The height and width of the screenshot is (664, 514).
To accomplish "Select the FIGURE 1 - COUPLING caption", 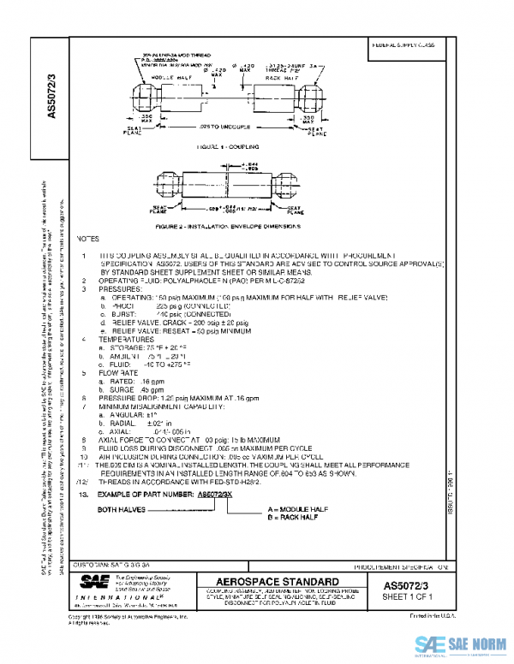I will coord(227,147).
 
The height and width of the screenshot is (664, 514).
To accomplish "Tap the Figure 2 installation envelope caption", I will coord(229,228).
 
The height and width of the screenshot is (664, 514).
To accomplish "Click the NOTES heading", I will coord(89,239).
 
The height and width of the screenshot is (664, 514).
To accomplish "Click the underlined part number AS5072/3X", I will coord(216,495).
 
